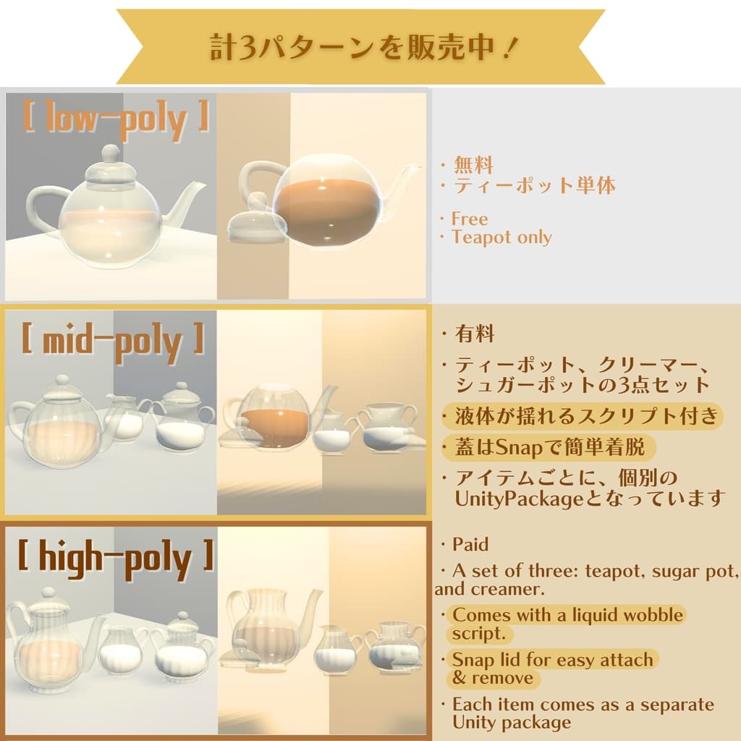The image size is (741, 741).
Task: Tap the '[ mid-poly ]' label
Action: tap(113, 342)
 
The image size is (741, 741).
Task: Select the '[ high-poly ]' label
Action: tap(116, 558)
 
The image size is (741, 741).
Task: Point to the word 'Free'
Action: tap(470, 219)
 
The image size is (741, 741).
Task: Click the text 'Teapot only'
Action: tap(501, 237)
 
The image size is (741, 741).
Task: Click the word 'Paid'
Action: tap(470, 544)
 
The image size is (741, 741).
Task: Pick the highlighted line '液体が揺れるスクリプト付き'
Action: tap(587, 416)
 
